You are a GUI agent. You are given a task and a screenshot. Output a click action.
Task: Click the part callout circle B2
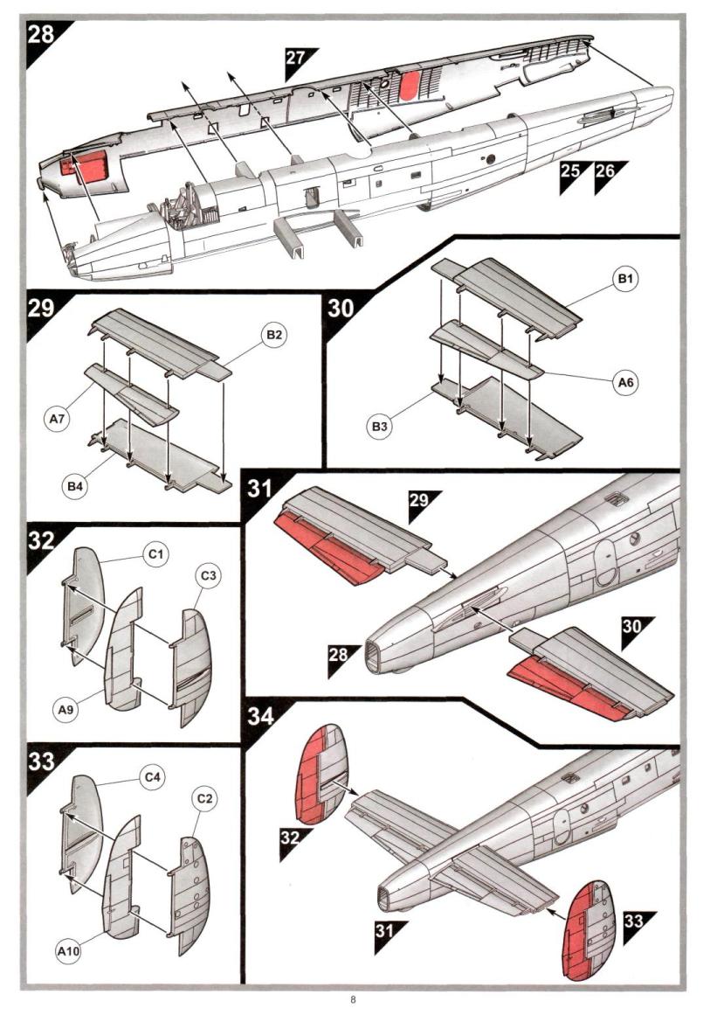click(274, 336)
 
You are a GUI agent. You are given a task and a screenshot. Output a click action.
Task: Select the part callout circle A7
click(57, 419)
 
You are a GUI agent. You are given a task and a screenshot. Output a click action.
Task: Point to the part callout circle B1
click(624, 280)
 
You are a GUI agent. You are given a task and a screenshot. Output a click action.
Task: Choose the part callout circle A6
click(624, 382)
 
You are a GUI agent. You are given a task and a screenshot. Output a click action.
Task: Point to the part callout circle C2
click(205, 800)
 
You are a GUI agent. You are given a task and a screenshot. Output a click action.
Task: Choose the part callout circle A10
click(67, 950)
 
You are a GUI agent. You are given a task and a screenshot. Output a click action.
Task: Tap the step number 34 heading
click(260, 716)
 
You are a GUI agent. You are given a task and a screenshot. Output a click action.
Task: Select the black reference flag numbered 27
click(298, 59)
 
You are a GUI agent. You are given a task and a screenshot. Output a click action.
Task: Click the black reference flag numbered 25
click(570, 172)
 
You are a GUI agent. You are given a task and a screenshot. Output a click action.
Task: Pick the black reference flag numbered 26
click(605, 172)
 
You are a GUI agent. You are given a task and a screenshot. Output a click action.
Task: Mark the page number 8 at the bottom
click(352, 999)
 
